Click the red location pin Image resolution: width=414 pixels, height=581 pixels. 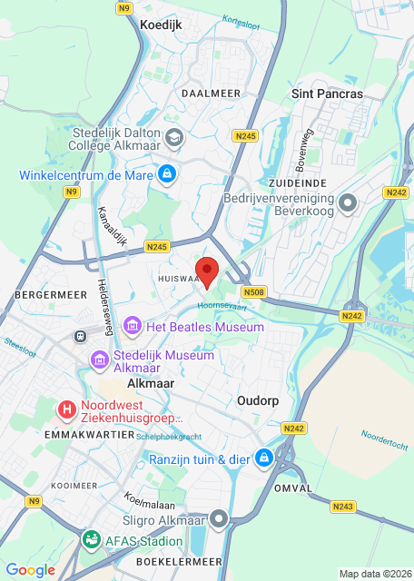208,271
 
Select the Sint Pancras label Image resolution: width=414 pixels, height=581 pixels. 327,94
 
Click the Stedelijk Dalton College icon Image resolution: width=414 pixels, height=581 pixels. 174,138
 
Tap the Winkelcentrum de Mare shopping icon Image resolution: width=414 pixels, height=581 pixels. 166,172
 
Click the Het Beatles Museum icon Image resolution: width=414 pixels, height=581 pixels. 133,325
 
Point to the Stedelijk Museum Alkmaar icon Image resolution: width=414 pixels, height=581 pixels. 98,361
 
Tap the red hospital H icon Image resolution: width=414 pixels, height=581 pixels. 66,409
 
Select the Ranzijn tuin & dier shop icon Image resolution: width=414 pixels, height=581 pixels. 263,458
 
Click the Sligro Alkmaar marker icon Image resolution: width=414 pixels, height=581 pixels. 219,519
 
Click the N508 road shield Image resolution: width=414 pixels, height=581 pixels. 253,292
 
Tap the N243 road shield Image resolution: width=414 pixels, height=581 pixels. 343,507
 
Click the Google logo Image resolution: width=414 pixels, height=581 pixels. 30,569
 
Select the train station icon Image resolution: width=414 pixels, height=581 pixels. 80,336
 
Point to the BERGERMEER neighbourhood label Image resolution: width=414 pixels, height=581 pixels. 44,296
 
